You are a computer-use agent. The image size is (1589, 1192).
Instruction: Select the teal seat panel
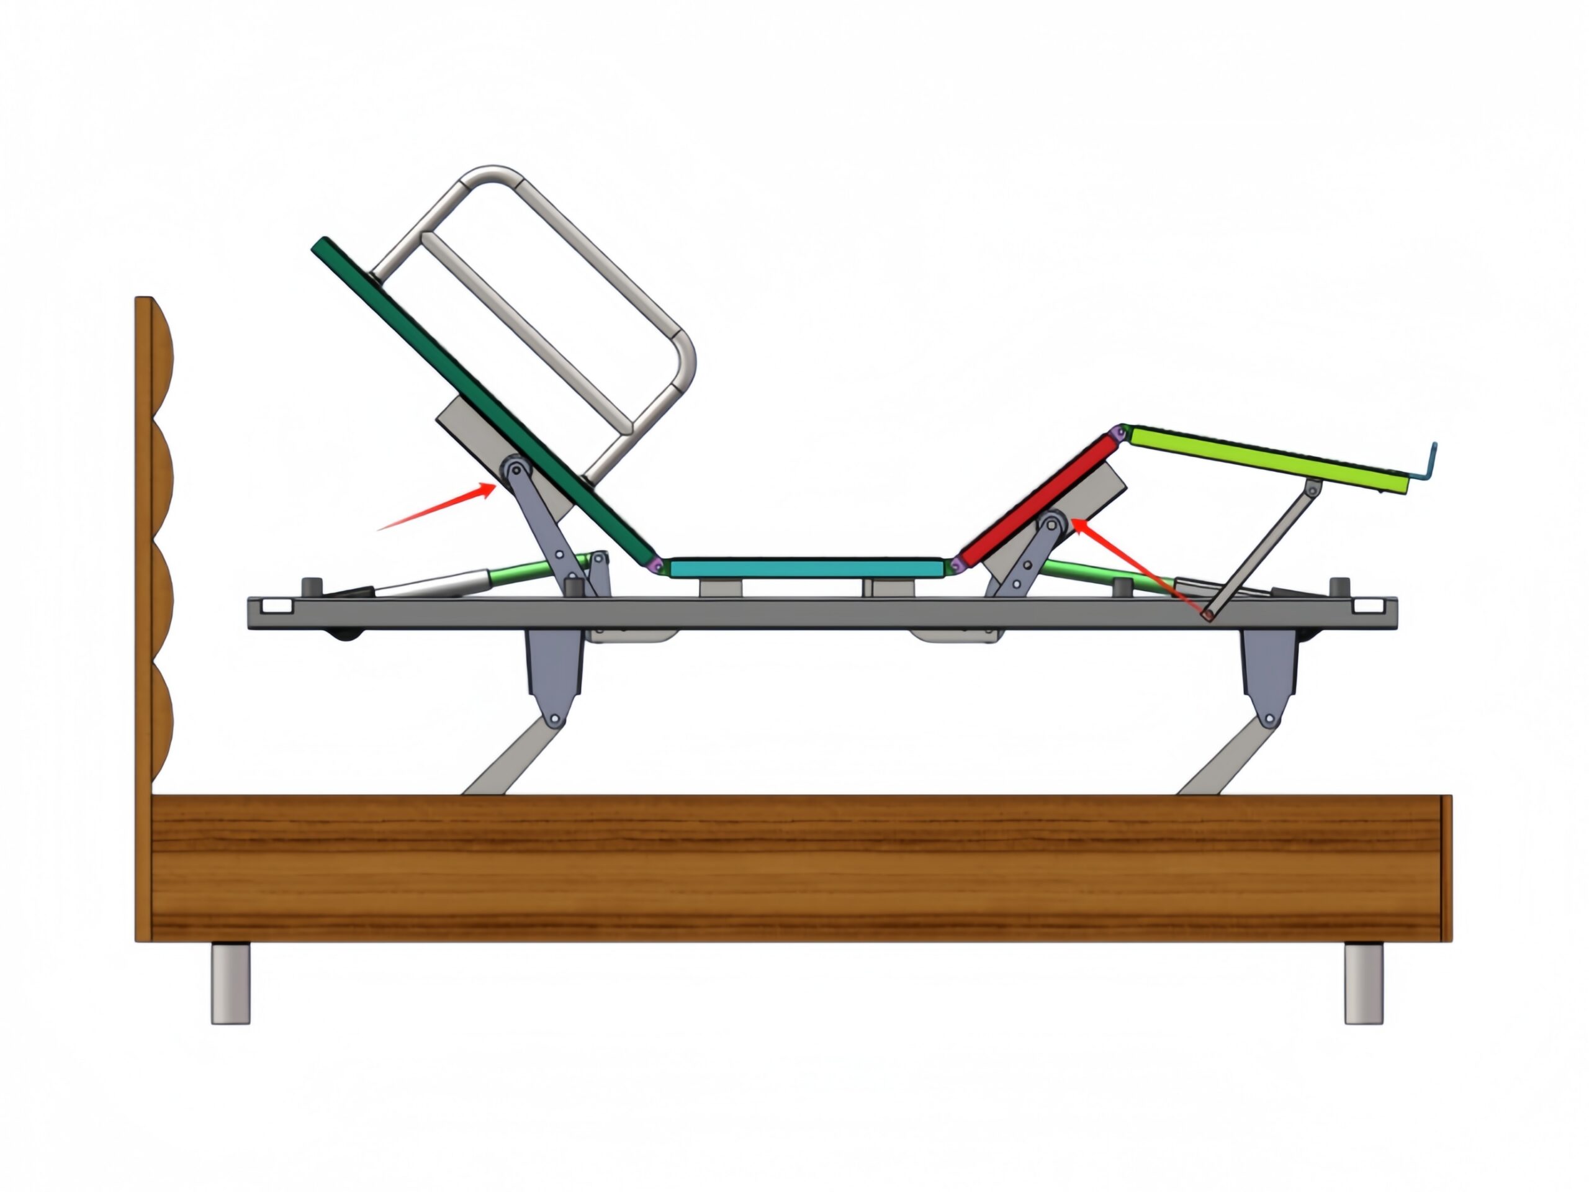[804, 567]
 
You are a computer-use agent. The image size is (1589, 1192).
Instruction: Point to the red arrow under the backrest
[438, 507]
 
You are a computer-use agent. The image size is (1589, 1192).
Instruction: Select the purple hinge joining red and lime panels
[1118, 433]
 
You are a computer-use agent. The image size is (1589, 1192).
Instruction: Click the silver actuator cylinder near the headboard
[431, 584]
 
